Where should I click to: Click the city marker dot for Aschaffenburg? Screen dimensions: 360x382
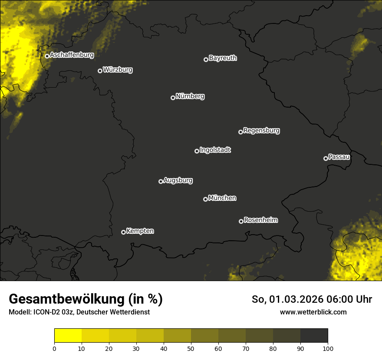47,56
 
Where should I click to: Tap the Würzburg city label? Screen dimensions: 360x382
118,69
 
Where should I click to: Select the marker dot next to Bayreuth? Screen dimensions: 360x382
206,59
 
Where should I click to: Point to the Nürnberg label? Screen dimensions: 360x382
190,96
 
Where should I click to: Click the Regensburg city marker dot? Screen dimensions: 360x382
240,132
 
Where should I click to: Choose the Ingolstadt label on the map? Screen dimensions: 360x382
215,150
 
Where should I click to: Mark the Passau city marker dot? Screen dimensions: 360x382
326,158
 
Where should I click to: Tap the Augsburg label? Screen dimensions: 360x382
178,180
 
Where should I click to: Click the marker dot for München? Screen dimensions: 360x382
205,200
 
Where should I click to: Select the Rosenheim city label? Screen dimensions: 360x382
260,220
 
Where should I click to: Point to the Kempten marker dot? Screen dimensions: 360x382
123,232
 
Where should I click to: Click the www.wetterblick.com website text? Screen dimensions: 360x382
313,312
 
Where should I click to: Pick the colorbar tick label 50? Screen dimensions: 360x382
191,348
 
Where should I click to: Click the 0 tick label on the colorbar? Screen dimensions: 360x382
54,348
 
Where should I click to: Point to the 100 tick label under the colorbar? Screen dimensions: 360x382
328,348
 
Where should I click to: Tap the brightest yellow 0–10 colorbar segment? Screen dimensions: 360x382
68,336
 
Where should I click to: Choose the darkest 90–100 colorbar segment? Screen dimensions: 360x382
314,336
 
